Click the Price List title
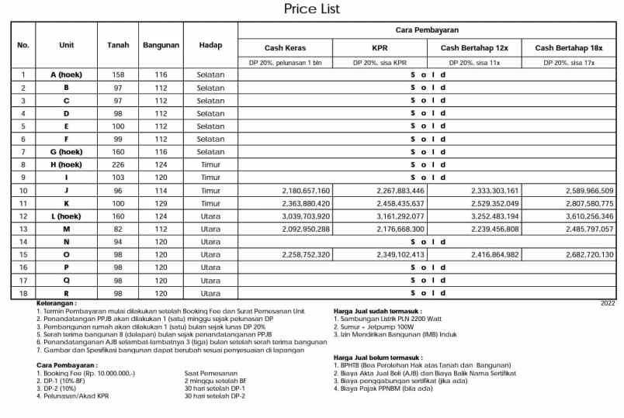click(x=312, y=9)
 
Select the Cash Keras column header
click(x=285, y=48)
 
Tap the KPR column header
click(x=380, y=48)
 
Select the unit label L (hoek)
click(x=66, y=216)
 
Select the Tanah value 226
click(x=118, y=164)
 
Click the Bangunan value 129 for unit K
click(x=161, y=203)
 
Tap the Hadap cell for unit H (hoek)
click(x=210, y=164)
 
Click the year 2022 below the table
click(x=608, y=302)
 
